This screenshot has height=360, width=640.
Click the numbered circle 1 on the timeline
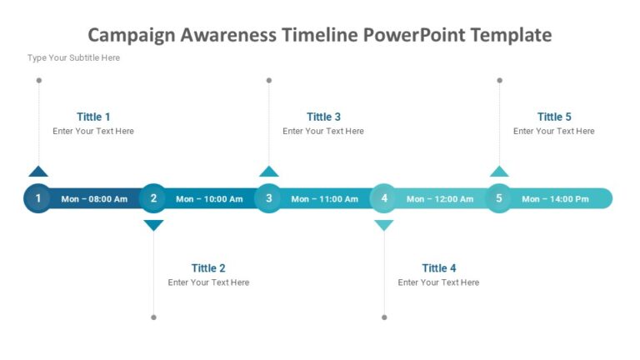[x=37, y=198]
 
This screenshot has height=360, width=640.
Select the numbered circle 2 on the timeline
[x=153, y=198]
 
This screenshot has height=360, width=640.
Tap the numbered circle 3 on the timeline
[x=268, y=198]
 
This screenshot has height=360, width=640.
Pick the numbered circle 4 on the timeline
[x=384, y=198]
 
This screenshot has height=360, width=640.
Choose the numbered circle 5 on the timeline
[x=499, y=198]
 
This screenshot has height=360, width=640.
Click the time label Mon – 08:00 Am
[x=94, y=199]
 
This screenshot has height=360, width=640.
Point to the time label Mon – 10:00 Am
[x=209, y=199]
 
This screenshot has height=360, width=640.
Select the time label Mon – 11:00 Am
[x=324, y=199]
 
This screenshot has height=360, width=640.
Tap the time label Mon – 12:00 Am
[x=440, y=199]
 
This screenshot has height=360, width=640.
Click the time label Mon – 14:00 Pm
[x=555, y=199]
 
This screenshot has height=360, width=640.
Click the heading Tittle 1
[x=93, y=117]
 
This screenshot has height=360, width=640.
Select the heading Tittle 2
[x=208, y=268]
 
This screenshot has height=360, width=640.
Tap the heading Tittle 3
[x=323, y=117]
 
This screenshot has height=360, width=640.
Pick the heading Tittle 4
[x=439, y=268]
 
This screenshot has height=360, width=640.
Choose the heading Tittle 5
[x=554, y=117]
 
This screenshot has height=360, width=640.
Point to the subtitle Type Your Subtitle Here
[x=73, y=57]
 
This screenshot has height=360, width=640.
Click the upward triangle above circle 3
[x=268, y=172]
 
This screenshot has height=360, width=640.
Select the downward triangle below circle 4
[x=384, y=224]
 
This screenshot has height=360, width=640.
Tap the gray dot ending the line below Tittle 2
[x=153, y=317]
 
